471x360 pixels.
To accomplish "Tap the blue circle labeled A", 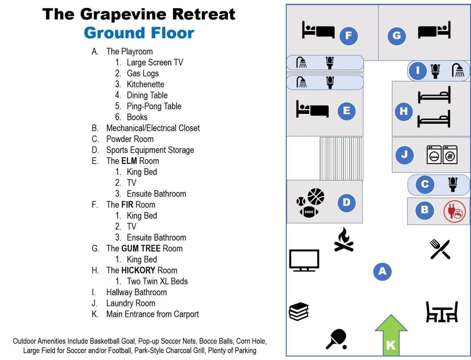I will (382, 271).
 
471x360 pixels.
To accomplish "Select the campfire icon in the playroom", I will (344, 240).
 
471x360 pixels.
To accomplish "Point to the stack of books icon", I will (299, 311).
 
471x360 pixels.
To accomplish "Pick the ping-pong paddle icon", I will (337, 338).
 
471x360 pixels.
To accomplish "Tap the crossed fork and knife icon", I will (440, 249).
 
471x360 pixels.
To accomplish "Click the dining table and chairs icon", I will (442, 311).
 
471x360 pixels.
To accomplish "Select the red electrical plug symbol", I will (454, 211).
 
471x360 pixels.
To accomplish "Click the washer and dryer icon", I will (442, 155).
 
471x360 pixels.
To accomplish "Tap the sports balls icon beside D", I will (310, 202).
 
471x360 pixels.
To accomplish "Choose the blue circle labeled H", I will (404, 111).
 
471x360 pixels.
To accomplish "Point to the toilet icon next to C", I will (452, 184).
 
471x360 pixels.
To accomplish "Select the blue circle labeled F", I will (349, 35).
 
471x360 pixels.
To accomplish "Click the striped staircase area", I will (341, 159).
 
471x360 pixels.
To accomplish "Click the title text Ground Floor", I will (139, 33).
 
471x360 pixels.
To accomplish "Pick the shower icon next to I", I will (458, 70).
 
